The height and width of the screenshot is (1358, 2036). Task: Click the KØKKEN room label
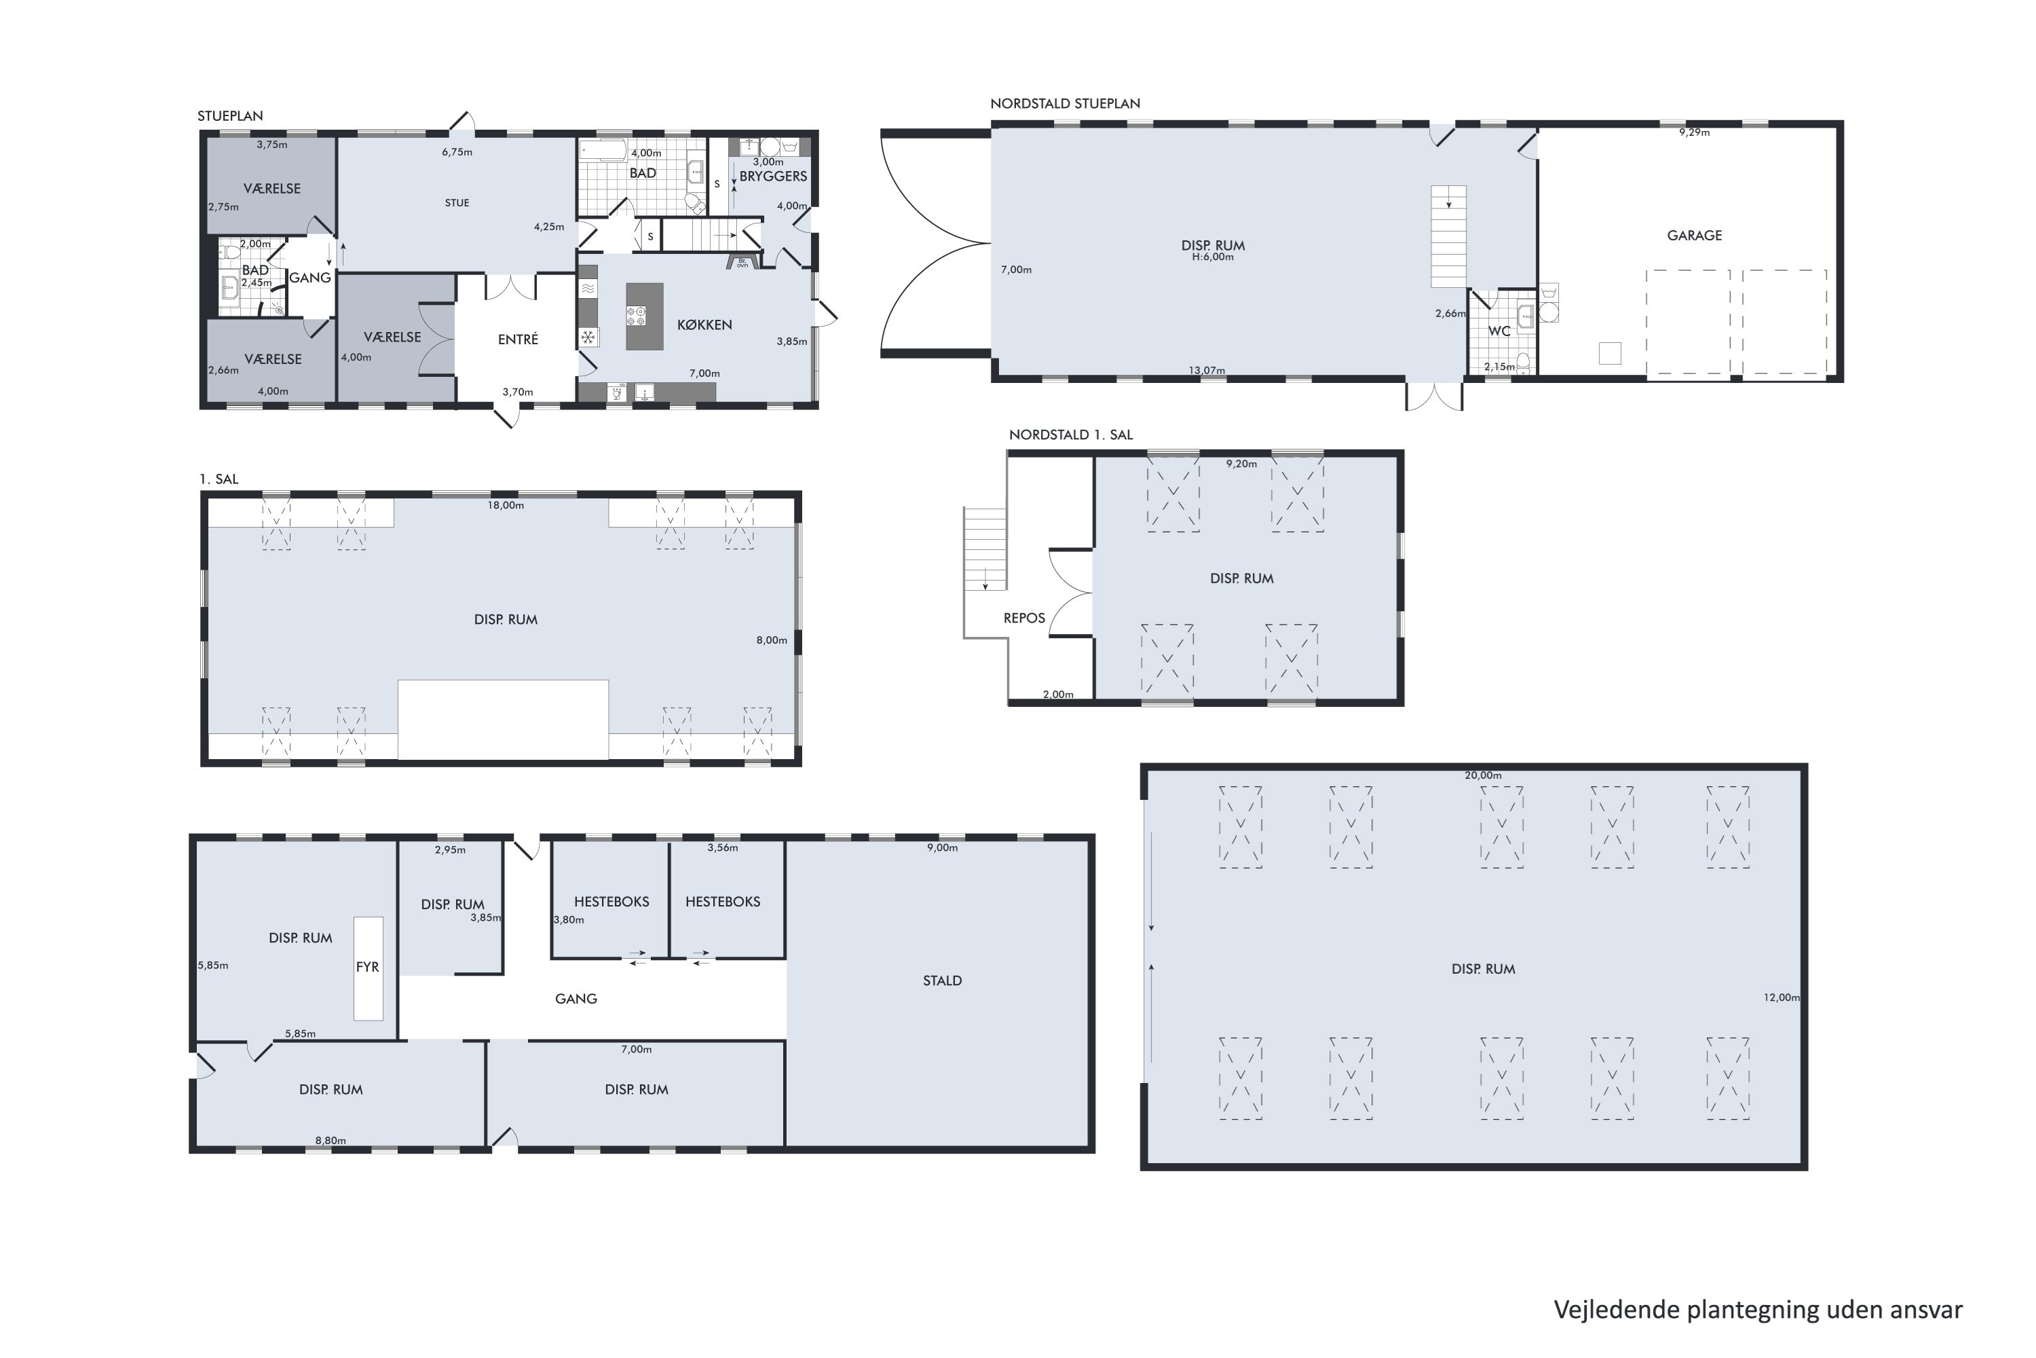pyautogui.click(x=704, y=325)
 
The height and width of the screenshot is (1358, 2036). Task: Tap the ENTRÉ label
pyautogui.click(x=518, y=339)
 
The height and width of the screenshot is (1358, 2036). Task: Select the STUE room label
pyautogui.click(x=457, y=202)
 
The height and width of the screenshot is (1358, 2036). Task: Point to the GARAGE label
pyautogui.click(x=1694, y=236)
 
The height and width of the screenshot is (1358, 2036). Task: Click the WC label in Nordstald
pyautogui.click(x=1499, y=331)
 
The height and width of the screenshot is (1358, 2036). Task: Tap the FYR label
pyautogui.click(x=367, y=966)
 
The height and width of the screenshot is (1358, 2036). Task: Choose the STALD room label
pyautogui.click(x=942, y=980)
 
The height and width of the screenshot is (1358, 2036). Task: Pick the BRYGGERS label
pyautogui.click(x=773, y=176)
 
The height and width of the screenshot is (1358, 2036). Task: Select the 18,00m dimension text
pyautogui.click(x=506, y=505)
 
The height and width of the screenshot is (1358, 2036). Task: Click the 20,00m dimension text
pyautogui.click(x=1483, y=775)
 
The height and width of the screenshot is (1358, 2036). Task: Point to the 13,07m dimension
pyautogui.click(x=1207, y=370)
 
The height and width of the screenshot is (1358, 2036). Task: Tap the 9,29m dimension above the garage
pyautogui.click(x=1694, y=132)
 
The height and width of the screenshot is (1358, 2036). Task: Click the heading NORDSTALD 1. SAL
pyautogui.click(x=1071, y=435)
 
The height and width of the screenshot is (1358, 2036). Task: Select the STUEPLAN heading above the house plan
pyautogui.click(x=230, y=116)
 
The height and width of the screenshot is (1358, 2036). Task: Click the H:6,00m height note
pyautogui.click(x=1213, y=257)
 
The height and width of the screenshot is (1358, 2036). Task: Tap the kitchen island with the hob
pyautogui.click(x=644, y=316)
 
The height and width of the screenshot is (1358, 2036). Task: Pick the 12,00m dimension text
pyautogui.click(x=1781, y=997)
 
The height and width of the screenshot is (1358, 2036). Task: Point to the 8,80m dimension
pyautogui.click(x=331, y=1141)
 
